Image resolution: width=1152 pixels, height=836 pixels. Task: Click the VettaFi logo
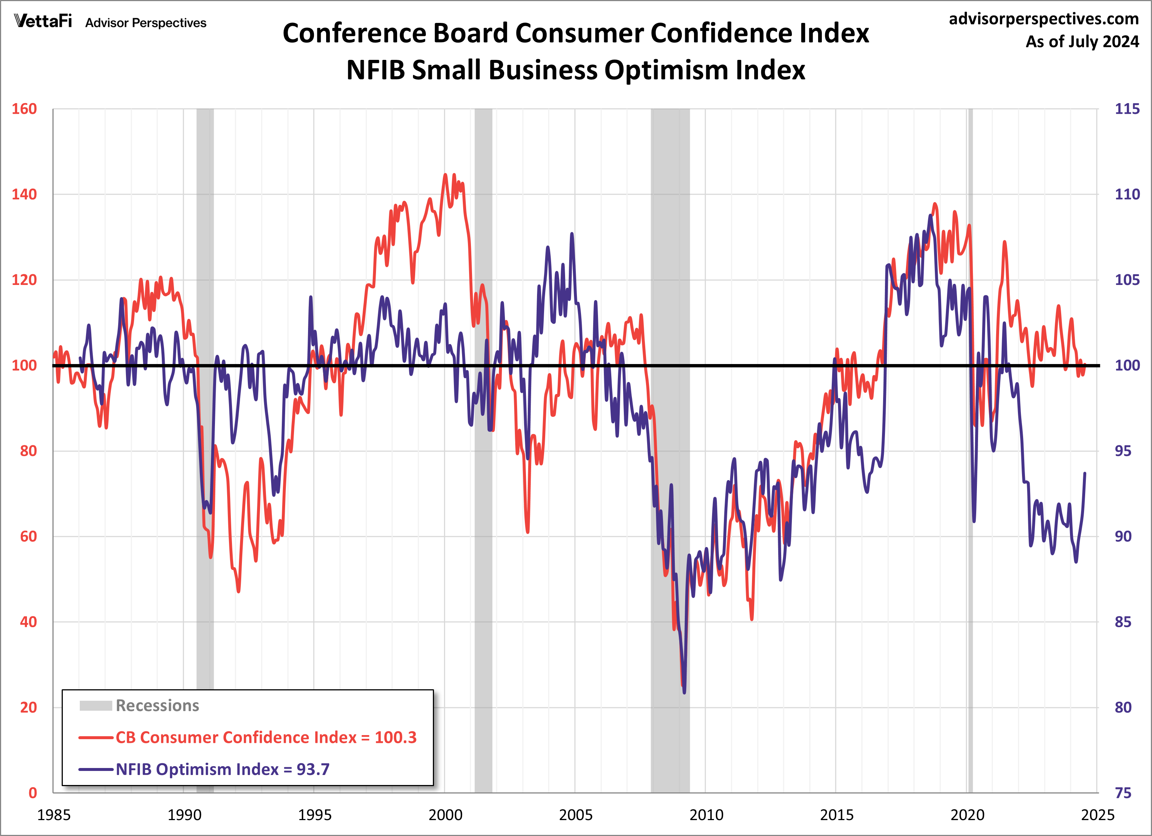pos(43,21)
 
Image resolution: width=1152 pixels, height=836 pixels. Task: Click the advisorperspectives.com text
pos(1043,19)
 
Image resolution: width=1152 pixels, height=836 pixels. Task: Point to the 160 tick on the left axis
pos(24,109)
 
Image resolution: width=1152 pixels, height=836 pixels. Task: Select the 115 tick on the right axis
pos(1127,109)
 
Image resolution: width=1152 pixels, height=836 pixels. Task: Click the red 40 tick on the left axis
pos(28,622)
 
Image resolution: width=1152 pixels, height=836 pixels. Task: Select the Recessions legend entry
pos(157,706)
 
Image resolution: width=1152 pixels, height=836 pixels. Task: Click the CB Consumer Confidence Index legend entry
pos(265,737)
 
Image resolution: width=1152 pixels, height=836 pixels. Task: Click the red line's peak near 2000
pos(445,175)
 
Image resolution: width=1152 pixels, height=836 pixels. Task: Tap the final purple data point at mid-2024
pos(1085,474)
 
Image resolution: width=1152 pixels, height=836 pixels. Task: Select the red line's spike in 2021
pos(1004,242)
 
